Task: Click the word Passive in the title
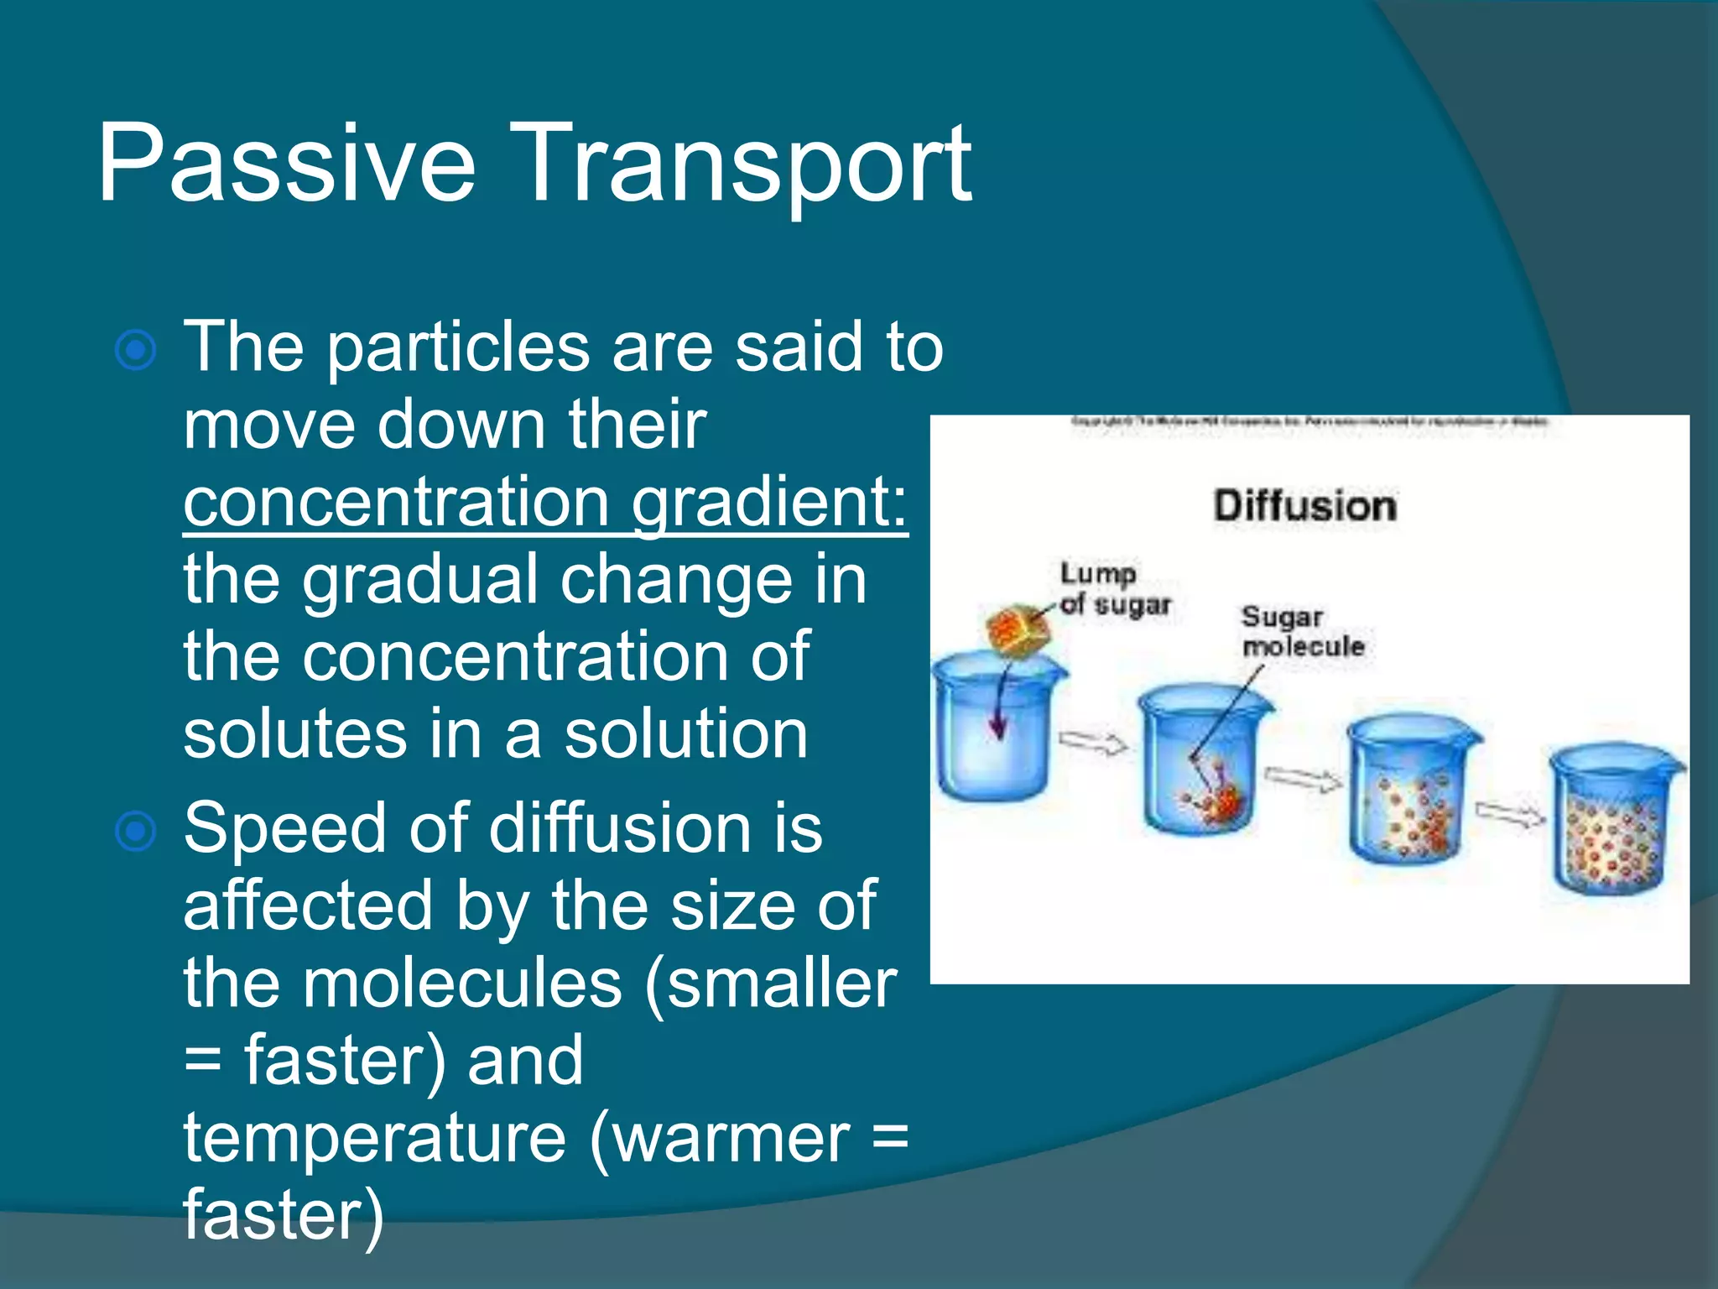[286, 164]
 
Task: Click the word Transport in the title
[747, 164]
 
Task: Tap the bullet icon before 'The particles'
[136, 350]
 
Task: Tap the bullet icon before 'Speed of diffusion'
[136, 832]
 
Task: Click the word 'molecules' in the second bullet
[462, 984]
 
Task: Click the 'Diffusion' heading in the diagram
[1304, 506]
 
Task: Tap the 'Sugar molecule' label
[1302, 631]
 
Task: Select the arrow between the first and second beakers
[1092, 743]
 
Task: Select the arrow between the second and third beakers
[1303, 779]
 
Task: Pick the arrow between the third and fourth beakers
[1510, 814]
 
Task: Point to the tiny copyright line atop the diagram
[1309, 422]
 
